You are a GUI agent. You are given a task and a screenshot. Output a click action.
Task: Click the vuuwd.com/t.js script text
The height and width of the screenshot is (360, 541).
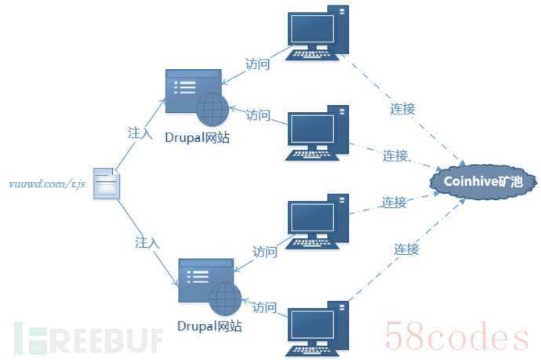point(47,184)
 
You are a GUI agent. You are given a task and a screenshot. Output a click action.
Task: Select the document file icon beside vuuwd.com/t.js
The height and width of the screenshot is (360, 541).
point(107,184)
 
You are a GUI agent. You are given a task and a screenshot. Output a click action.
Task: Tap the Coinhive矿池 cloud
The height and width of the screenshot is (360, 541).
point(483,181)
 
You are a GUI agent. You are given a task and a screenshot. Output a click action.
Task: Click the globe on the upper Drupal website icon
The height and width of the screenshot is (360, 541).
point(212,110)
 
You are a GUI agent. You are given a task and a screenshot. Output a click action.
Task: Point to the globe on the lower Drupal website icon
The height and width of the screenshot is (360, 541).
point(225,299)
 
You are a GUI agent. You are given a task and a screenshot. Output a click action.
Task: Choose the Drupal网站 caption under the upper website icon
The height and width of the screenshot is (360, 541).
point(197,137)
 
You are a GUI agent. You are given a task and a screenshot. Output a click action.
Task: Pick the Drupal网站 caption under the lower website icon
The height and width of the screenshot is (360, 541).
point(209,325)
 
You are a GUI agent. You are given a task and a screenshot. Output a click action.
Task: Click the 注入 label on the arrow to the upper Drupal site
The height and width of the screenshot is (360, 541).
point(140,133)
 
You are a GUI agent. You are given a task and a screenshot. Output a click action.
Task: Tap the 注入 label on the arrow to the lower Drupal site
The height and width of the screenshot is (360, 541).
point(147,242)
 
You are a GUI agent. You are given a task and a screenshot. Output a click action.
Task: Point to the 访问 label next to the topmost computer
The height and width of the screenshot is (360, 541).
point(257,64)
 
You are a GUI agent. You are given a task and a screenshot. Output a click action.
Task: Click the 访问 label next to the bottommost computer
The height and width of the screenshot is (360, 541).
point(265,307)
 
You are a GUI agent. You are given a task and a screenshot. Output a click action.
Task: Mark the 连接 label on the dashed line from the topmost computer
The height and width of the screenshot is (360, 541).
point(402,109)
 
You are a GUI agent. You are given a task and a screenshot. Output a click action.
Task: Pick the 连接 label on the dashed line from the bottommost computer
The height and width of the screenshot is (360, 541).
point(406,249)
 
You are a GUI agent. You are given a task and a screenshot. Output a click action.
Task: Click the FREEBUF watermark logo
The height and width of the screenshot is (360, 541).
point(89,339)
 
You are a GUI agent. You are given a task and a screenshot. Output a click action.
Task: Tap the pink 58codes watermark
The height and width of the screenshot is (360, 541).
point(456,336)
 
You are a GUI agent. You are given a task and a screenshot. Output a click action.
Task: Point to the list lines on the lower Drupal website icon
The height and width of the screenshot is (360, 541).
point(198,277)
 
